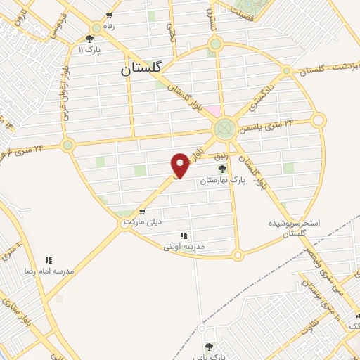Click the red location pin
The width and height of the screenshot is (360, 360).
(x=181, y=165)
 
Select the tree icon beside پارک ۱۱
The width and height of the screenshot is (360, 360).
(x=89, y=39)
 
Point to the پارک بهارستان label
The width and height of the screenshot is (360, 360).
(x=222, y=181)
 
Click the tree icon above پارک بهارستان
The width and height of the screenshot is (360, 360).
(x=222, y=169)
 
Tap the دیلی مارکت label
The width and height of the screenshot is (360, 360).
(x=143, y=221)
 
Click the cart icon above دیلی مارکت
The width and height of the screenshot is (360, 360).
(x=143, y=211)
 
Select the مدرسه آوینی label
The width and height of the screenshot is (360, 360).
(x=184, y=247)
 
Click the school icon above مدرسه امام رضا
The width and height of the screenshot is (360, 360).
(x=49, y=260)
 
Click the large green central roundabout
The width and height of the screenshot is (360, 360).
(x=224, y=128)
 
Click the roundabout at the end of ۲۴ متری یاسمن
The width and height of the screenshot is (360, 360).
(x=319, y=120)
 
